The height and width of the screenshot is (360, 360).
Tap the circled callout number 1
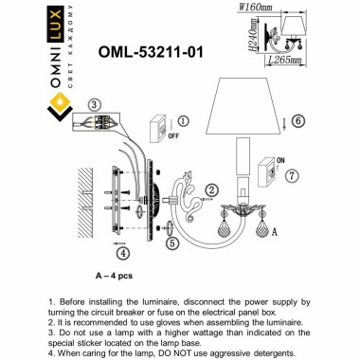(184, 121)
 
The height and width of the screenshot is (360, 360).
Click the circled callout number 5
(172, 243)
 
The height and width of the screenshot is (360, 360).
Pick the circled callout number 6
(297, 121)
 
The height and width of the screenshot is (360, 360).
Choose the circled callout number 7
(291, 176)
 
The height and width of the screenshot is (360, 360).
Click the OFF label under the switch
(172, 136)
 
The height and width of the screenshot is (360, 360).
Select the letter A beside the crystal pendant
(275, 230)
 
